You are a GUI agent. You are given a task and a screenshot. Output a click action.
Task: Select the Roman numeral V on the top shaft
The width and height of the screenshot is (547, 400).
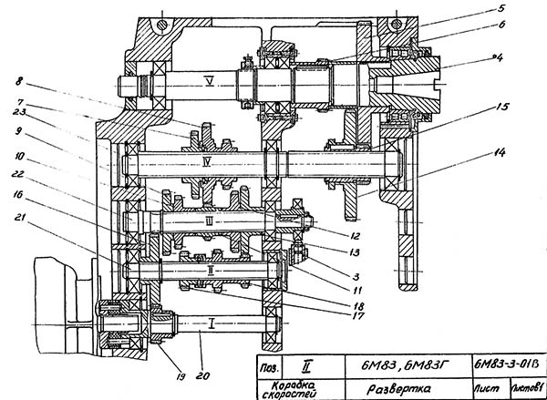[x=211, y=82]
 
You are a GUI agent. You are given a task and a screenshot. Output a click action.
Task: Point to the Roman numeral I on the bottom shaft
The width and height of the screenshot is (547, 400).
[x=212, y=323]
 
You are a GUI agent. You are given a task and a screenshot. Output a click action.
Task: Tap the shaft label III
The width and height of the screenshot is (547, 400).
[x=209, y=221]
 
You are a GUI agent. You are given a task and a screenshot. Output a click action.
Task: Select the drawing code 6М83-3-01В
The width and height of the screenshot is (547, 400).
[x=508, y=366]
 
